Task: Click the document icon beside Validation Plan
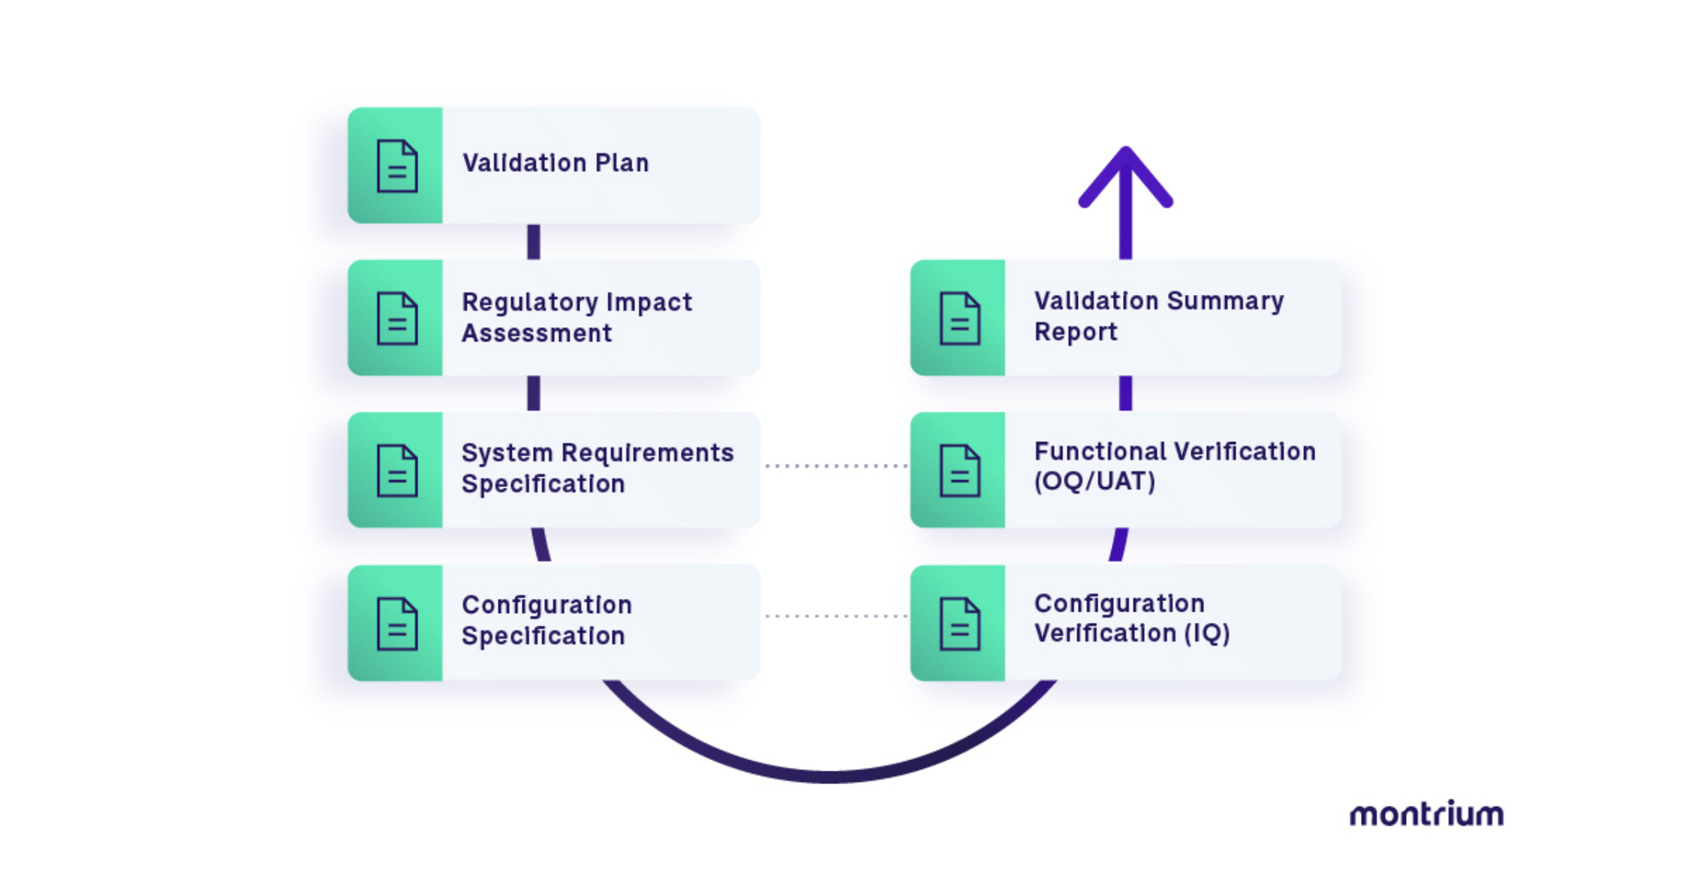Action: point(396,166)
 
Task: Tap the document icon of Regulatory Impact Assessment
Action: point(396,318)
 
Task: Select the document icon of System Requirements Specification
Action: point(396,471)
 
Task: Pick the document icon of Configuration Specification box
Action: point(396,623)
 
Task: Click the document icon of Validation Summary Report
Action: point(959,318)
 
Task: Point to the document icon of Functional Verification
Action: point(959,471)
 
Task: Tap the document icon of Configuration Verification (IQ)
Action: point(959,623)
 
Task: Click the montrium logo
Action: point(1426,814)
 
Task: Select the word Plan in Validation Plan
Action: point(622,163)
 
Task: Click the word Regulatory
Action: point(530,302)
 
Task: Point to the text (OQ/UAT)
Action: point(1094,481)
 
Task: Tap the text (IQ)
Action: point(1206,633)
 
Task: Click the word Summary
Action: point(1225,301)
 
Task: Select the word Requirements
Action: point(647,453)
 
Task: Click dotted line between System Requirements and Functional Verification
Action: point(835,466)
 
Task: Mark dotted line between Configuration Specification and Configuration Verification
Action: point(835,616)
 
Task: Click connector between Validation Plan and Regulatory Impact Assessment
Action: point(534,242)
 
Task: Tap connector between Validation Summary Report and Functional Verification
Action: point(1125,393)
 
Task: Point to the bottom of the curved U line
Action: point(829,775)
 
